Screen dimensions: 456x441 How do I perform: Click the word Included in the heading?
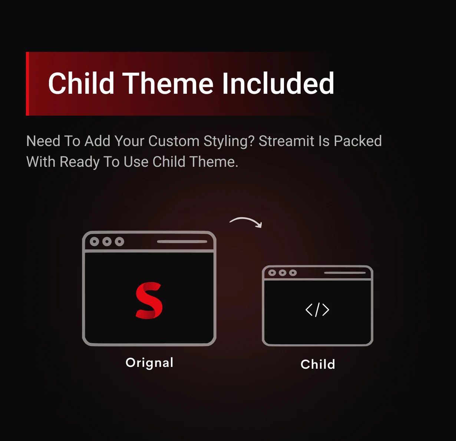coord(278,83)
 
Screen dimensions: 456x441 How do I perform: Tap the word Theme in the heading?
coord(168,83)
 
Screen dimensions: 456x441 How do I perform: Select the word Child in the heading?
coord(81,83)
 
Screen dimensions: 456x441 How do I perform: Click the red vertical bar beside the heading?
coord(27,84)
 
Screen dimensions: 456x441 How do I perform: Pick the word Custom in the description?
coord(174,141)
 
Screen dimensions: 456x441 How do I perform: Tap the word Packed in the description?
coord(358,141)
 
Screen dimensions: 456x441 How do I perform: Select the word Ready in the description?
coord(80,162)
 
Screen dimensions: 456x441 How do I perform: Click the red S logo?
coord(149,301)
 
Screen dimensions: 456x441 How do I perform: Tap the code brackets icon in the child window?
coord(317,310)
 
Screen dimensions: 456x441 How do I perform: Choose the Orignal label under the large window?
coord(149,363)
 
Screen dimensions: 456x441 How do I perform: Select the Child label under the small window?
coord(318,364)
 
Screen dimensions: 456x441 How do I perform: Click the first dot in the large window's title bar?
coord(95,242)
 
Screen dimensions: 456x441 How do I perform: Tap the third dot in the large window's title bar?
coord(119,242)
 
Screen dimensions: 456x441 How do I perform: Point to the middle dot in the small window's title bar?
coord(282,273)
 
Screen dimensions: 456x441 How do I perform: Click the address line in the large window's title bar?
coord(182,242)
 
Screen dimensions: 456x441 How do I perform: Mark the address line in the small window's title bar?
coord(345,273)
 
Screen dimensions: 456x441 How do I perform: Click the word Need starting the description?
coord(43,141)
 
